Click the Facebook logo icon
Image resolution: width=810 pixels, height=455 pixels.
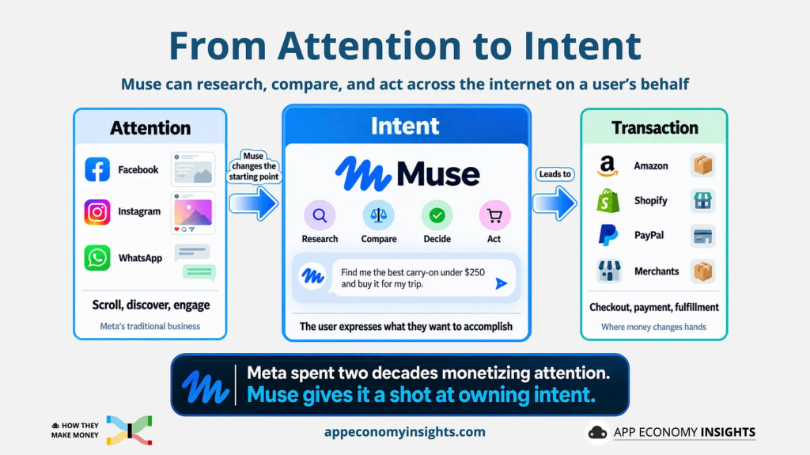click(97, 169)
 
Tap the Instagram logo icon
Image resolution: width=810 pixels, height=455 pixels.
click(97, 212)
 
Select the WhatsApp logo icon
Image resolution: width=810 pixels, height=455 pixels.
click(97, 257)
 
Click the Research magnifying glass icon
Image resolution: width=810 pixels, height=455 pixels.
click(320, 215)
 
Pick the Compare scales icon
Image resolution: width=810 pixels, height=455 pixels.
click(379, 215)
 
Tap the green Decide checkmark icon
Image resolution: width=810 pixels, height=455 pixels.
click(437, 215)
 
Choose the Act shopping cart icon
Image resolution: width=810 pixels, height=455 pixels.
click(494, 215)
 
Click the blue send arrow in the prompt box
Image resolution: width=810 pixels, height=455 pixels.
click(501, 283)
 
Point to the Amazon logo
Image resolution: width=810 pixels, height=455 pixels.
click(607, 166)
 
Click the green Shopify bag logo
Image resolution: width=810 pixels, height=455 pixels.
click(608, 201)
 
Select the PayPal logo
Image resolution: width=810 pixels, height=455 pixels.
click(608, 235)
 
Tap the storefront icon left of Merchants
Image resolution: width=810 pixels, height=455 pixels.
click(609, 271)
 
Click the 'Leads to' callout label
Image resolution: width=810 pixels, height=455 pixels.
click(555, 174)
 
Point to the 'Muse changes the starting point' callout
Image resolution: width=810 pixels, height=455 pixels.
click(254, 166)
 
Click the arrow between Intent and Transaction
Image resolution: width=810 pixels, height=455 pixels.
click(555, 203)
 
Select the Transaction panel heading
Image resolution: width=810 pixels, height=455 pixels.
click(654, 127)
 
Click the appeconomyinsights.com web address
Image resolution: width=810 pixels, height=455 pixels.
click(405, 432)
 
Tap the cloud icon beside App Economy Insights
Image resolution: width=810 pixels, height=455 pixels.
click(598, 432)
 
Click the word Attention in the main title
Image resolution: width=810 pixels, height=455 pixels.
click(369, 46)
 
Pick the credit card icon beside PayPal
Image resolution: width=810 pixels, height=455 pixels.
click(703, 237)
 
